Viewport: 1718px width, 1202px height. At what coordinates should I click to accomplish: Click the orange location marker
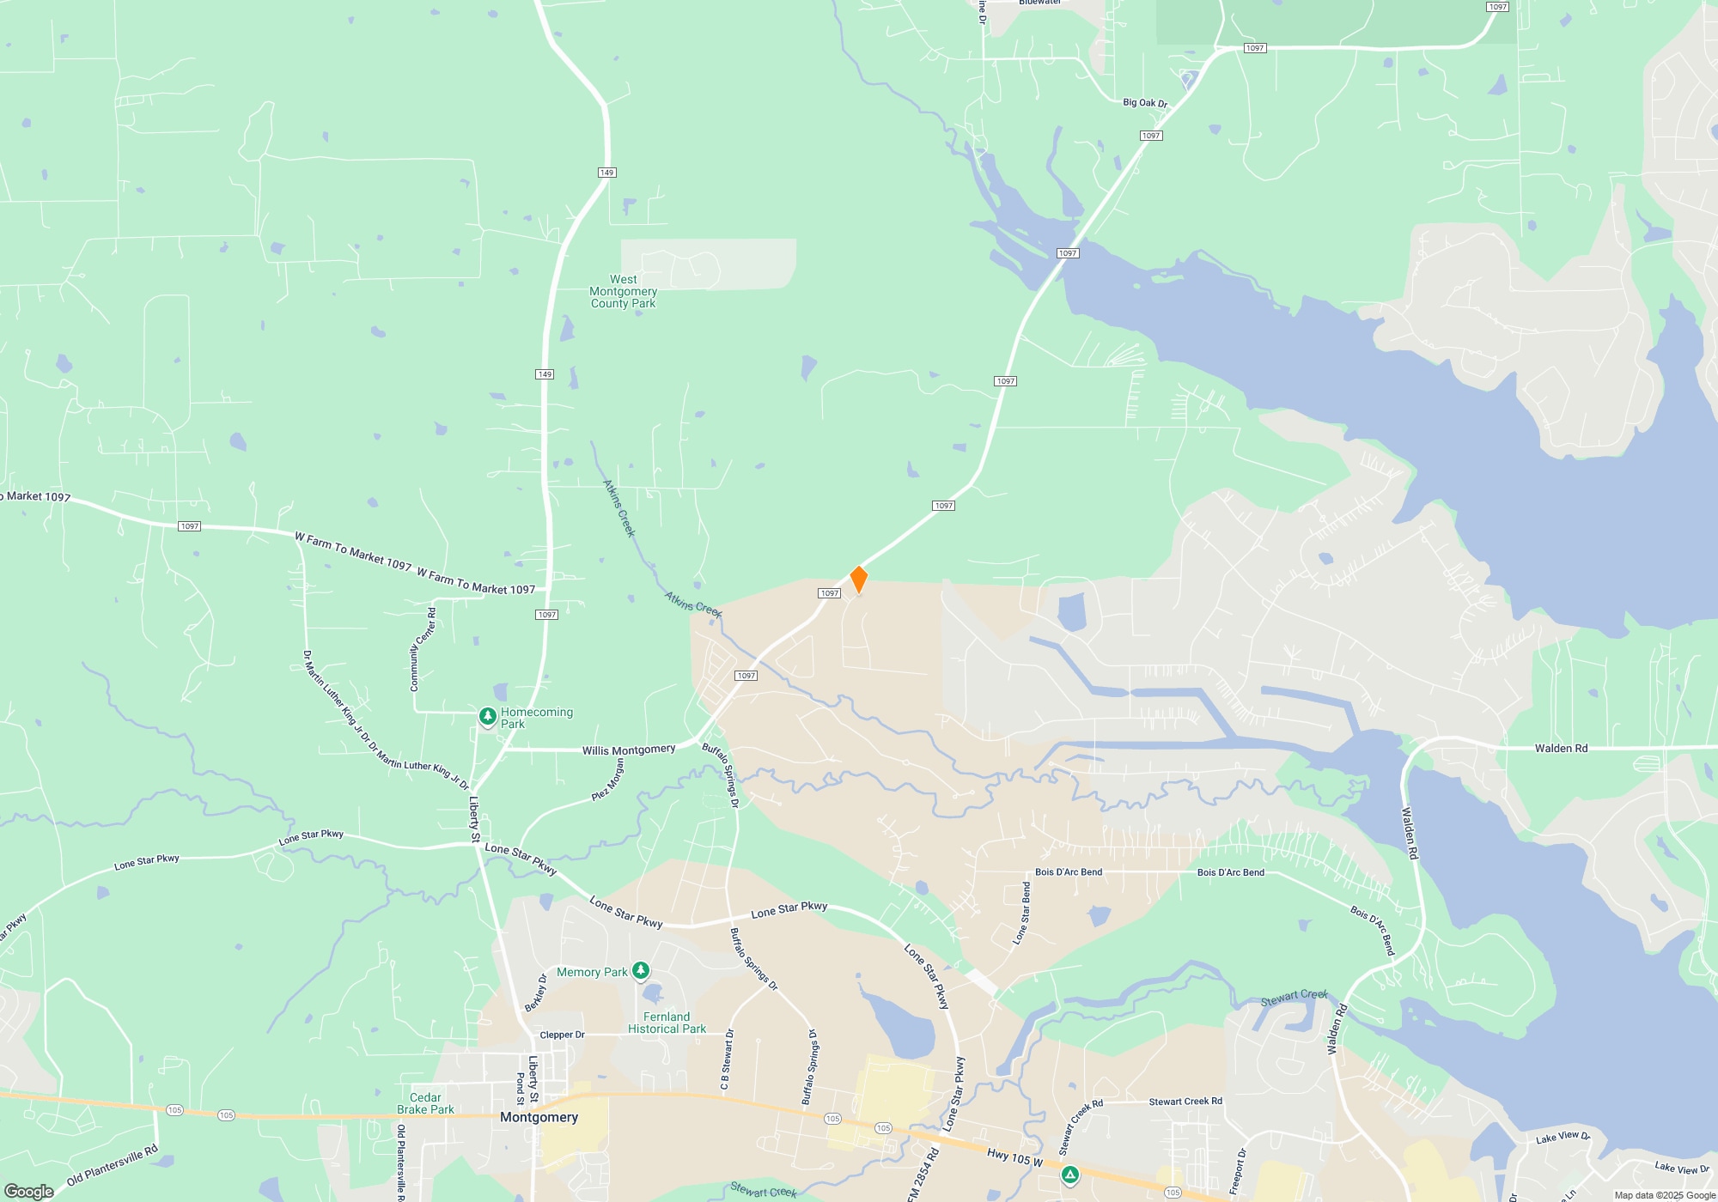pos(858,580)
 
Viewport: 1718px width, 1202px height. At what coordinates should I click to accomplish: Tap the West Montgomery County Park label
pos(623,291)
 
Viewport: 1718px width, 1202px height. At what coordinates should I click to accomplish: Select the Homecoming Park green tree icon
pos(487,716)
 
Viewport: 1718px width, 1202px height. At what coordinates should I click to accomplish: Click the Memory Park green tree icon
pos(640,970)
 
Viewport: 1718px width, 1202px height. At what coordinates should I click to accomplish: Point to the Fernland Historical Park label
pos(667,1023)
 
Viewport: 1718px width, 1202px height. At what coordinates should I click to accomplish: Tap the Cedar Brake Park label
pos(425,1103)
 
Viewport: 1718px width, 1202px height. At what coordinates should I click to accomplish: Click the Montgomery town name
pos(539,1117)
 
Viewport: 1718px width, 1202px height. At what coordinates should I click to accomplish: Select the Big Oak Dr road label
pos(1145,102)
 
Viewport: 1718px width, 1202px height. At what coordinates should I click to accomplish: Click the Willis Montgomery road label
pos(629,750)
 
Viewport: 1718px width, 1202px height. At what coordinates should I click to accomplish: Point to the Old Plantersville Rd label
pos(113,1165)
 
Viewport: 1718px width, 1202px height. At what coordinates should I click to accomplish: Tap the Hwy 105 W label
pos(1014,1157)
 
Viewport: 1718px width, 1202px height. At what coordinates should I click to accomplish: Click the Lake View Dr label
pos(1563,1138)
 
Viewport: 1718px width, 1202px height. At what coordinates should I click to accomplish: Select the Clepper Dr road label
pos(562,1035)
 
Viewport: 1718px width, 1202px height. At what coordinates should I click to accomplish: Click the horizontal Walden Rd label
pos(1561,748)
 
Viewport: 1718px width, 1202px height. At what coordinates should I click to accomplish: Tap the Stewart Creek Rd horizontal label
pos(1185,1101)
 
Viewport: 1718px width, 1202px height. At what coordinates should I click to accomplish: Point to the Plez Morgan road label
pos(608,780)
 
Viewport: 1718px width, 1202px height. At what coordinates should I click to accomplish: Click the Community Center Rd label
pos(423,649)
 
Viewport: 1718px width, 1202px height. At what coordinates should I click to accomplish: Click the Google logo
pos(29,1191)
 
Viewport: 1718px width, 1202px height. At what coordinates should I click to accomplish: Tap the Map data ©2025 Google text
pos(1665,1195)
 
